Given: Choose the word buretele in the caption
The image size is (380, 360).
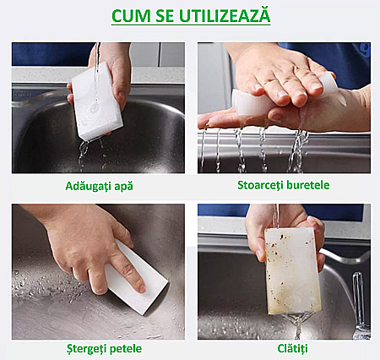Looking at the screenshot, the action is (307, 185).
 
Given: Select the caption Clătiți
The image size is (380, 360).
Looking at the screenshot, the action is (292, 348).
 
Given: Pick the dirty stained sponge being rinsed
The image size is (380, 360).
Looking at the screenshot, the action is (293, 271).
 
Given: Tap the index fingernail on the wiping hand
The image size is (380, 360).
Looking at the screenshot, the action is (142, 288).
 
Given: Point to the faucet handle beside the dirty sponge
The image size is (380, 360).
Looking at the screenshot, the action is (358, 297).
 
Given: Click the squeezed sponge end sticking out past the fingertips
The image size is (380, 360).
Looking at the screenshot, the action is (329, 82).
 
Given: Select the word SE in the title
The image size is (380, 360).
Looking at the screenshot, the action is (165, 16).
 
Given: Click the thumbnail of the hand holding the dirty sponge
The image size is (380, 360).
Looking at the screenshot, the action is (260, 255).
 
